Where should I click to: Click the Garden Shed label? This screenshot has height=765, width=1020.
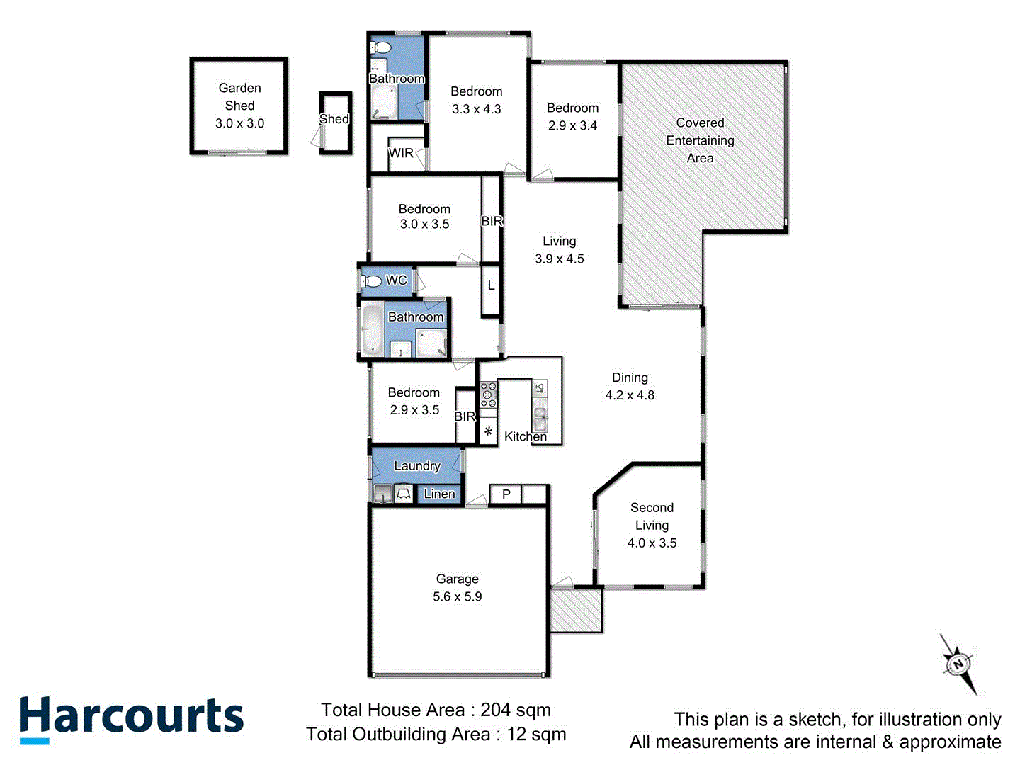[239, 96]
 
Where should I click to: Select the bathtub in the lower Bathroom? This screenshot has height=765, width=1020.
[371, 329]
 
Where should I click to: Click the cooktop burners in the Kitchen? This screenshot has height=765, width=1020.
[488, 395]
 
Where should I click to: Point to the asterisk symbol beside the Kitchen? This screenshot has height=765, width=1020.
[488, 431]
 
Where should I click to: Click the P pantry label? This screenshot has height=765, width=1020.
[506, 494]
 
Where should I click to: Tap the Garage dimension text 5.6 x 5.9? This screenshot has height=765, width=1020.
[457, 596]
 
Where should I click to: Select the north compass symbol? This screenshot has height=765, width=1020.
[959, 664]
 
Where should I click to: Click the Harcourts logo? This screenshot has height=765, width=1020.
[131, 718]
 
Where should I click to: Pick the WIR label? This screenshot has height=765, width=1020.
[401, 153]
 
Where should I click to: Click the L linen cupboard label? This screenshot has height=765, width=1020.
[491, 286]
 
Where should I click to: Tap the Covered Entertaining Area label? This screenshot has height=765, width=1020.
[700, 140]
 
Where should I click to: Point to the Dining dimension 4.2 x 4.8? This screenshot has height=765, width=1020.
[630, 395]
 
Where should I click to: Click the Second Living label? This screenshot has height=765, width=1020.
[652, 516]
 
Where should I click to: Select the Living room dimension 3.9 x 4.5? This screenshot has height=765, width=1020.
[559, 259]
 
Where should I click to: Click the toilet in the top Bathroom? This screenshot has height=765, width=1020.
[381, 48]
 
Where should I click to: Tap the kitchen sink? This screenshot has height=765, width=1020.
[540, 418]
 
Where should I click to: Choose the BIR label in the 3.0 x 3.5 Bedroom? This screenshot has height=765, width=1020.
[492, 221]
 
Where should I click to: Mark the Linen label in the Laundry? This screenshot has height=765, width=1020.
[439, 494]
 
